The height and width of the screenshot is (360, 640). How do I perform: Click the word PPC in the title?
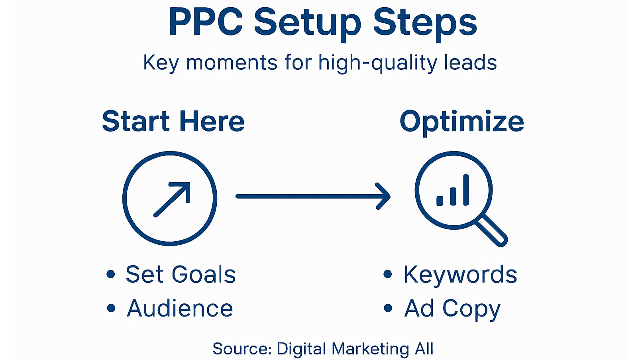point(206,22)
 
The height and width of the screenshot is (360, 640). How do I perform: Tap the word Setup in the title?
point(307,23)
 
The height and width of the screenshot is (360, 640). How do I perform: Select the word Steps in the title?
point(425,23)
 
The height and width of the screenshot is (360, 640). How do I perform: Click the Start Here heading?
point(173,121)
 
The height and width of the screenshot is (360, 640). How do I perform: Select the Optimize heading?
point(461,122)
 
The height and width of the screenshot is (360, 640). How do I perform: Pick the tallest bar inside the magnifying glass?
point(466,190)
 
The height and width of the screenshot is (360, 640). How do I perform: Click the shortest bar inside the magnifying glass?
point(440,201)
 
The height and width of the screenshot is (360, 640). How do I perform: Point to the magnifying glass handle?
point(493,230)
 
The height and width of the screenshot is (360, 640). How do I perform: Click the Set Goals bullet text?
point(181,274)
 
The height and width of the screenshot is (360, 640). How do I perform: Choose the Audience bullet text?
point(180,308)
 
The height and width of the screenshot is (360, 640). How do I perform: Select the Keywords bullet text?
point(460,274)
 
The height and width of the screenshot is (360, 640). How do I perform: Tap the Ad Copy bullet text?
point(452,309)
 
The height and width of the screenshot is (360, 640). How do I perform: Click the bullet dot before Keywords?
point(387,274)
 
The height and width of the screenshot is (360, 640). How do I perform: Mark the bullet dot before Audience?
point(111,308)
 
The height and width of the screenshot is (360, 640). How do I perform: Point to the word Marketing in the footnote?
point(370,349)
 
